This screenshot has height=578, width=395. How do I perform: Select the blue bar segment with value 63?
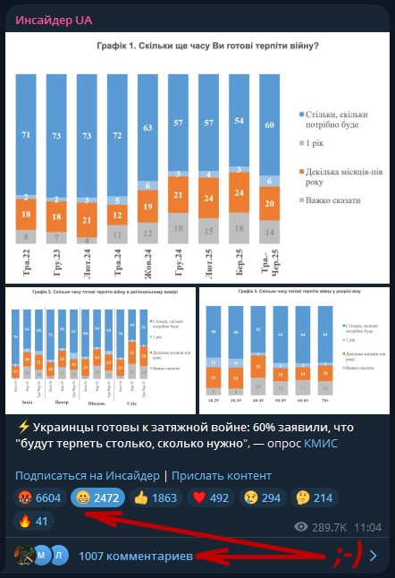point(147,128)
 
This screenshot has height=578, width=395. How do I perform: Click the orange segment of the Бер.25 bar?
point(239,192)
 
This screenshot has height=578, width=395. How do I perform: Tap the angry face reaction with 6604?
point(40,497)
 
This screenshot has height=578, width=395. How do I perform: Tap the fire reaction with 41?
point(35,522)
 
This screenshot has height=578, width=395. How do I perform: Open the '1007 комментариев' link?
point(135,557)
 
